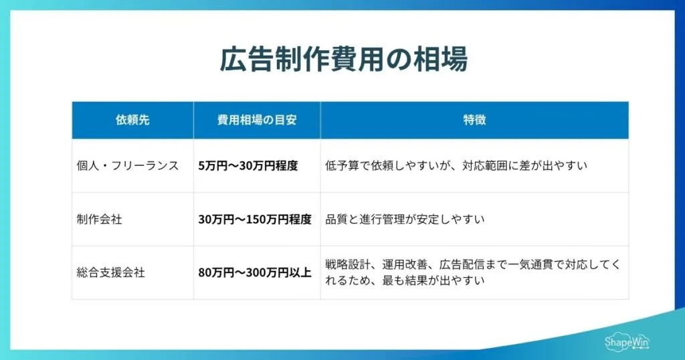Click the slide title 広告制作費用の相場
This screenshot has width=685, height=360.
pos(342,60)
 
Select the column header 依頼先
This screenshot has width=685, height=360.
pos(132,120)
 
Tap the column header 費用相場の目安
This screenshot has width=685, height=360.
pos(257,120)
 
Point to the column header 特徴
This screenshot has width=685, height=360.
pos(474,120)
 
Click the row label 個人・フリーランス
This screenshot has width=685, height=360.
pos(128,165)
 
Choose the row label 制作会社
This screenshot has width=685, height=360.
pos(100,219)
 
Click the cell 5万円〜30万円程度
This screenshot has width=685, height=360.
pos(248,165)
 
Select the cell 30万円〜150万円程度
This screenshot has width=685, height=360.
pos(255,219)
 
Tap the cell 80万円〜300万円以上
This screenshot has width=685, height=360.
pos(255,272)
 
